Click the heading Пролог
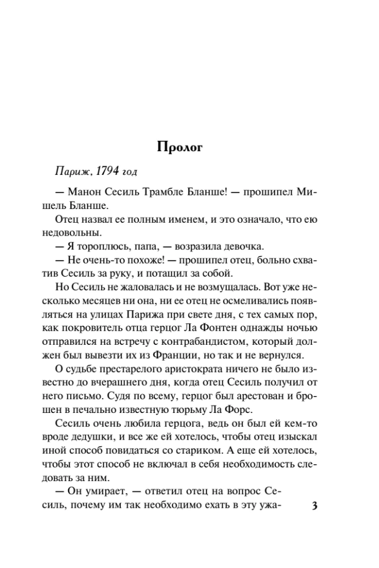(180, 147)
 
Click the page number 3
(315, 506)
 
